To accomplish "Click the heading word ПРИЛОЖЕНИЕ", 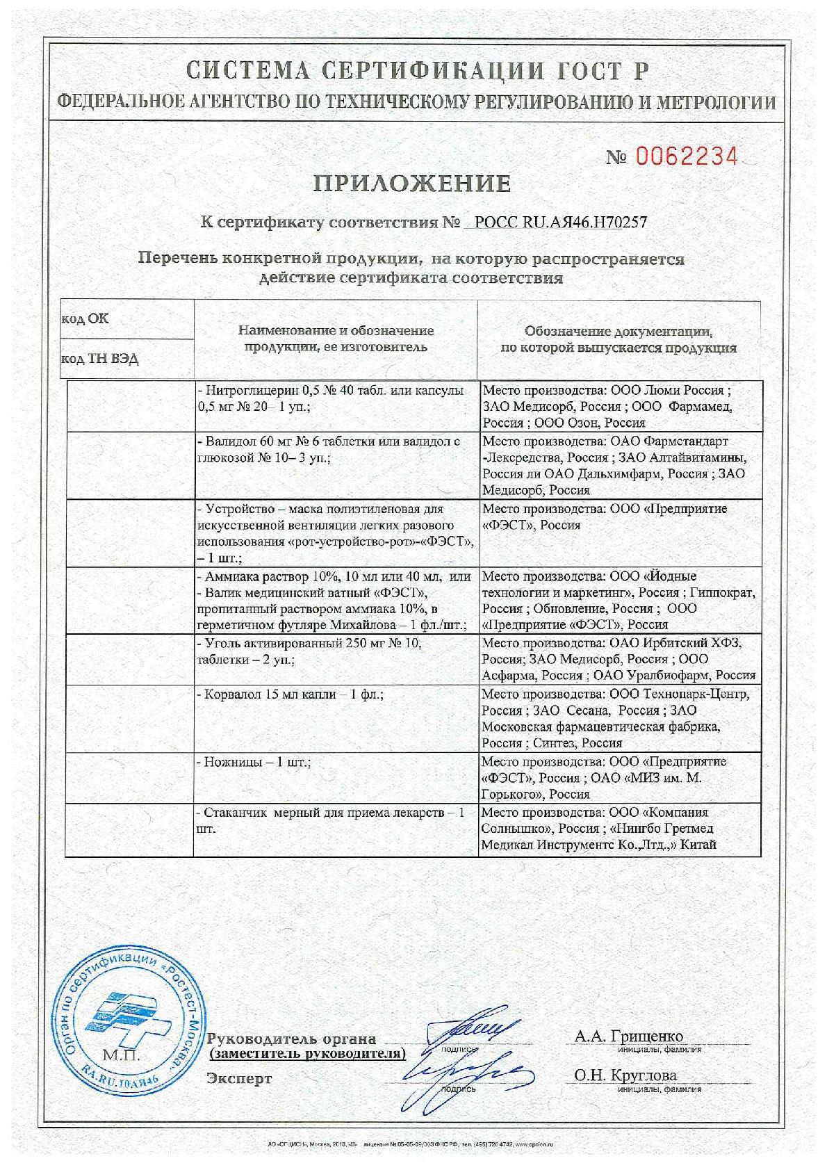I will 413,184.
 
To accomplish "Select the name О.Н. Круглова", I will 625,1075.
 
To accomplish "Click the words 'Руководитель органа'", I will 292,1040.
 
